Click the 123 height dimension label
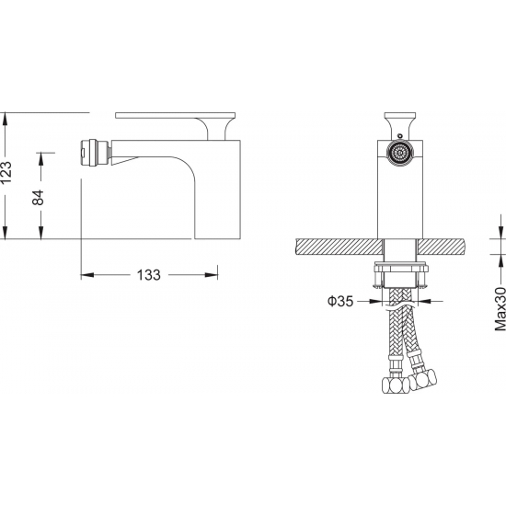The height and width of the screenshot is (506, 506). pyautogui.click(x=6, y=172)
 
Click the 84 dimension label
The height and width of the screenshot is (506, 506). pyautogui.click(x=38, y=197)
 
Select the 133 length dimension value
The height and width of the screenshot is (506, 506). pyautogui.click(x=148, y=275)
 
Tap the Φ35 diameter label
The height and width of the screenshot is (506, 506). pyautogui.click(x=340, y=301)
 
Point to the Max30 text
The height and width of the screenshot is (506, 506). pyautogui.click(x=500, y=308)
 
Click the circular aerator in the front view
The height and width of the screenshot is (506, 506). pyautogui.click(x=400, y=153)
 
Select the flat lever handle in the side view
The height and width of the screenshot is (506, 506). pyautogui.click(x=175, y=116)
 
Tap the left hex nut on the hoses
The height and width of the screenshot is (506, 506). pyautogui.click(x=396, y=385)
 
